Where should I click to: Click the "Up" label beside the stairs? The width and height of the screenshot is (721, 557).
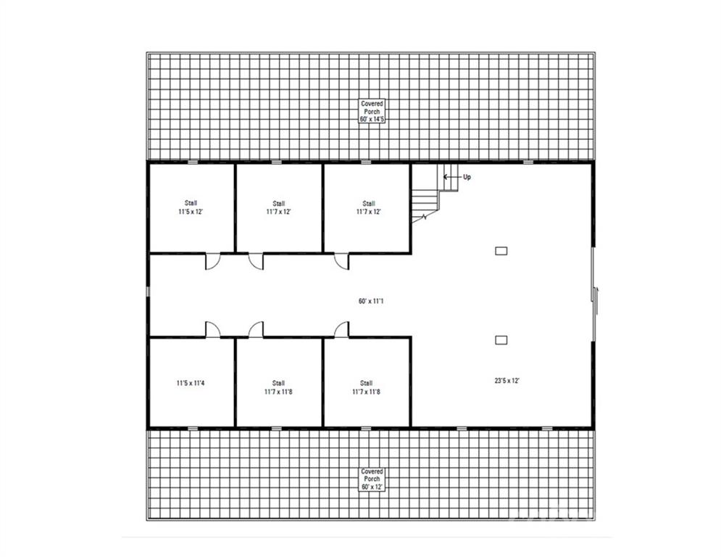coord(467,177)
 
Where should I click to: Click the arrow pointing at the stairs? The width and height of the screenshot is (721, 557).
coord(451,177)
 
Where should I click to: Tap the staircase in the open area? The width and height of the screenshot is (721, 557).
coord(435,194)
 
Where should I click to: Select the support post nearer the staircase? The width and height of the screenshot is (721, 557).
coord(501,251)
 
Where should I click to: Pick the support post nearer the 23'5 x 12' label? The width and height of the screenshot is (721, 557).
coord(501,340)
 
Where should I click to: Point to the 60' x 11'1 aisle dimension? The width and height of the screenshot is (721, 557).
coord(371,301)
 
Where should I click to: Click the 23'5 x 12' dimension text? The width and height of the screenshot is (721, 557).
coord(507,381)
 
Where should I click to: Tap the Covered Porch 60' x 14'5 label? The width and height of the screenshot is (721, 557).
coord(372,112)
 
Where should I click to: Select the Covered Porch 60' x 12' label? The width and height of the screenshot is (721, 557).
coord(372,479)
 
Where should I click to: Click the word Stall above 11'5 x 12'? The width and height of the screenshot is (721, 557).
coord(191,203)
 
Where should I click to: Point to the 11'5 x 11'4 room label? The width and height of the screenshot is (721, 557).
coord(191,382)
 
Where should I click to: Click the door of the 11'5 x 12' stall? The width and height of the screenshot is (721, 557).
coord(212,261)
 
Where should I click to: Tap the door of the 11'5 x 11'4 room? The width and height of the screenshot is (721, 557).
coord(212,329)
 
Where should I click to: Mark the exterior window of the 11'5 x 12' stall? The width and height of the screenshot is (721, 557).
coord(193,162)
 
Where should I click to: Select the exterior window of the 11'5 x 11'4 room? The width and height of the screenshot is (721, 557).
coord(193,428)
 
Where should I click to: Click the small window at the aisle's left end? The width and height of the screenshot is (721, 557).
coord(148,292)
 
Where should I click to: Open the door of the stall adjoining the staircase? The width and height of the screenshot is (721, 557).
coord(341,261)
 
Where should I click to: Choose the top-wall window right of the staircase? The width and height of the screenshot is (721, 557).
coord(528,162)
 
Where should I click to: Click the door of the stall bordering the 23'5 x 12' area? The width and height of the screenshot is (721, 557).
coord(341,329)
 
